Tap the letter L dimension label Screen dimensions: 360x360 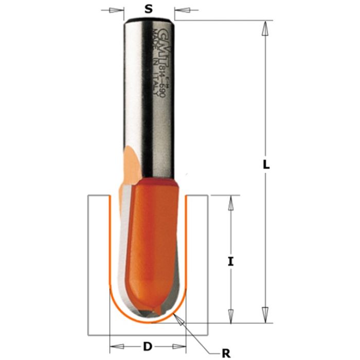266,166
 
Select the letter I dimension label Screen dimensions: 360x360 231,261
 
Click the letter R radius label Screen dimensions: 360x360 225,352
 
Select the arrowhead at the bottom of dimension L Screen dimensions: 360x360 265,314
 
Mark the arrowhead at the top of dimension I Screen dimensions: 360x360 231,202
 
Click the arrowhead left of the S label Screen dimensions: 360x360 119,9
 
